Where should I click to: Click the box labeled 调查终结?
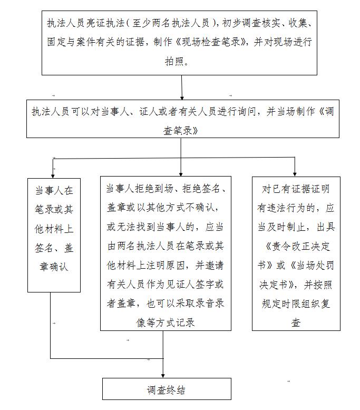[x=166, y=391]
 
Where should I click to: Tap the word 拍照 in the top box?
[x=181, y=62]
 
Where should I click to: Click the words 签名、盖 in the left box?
[x=54, y=248]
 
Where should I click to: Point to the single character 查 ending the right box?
[x=296, y=323]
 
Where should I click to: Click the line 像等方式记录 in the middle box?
[x=166, y=322]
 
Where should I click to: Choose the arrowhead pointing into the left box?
[x=53, y=173]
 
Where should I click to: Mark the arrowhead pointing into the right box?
[x=295, y=173]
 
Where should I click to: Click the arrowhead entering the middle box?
[x=181, y=173]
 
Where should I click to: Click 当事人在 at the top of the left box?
[x=54, y=189]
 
